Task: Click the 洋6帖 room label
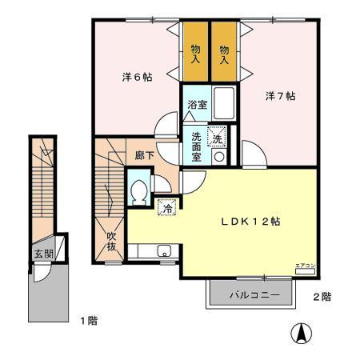pos(137,77)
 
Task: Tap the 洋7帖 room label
pos(281,96)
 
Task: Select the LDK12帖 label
pos(250,222)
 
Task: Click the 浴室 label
pos(196,105)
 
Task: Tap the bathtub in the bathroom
pos(224,104)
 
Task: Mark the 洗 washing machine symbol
pos(217,138)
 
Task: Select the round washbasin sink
pos(218,156)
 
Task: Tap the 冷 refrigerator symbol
pos(166,206)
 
